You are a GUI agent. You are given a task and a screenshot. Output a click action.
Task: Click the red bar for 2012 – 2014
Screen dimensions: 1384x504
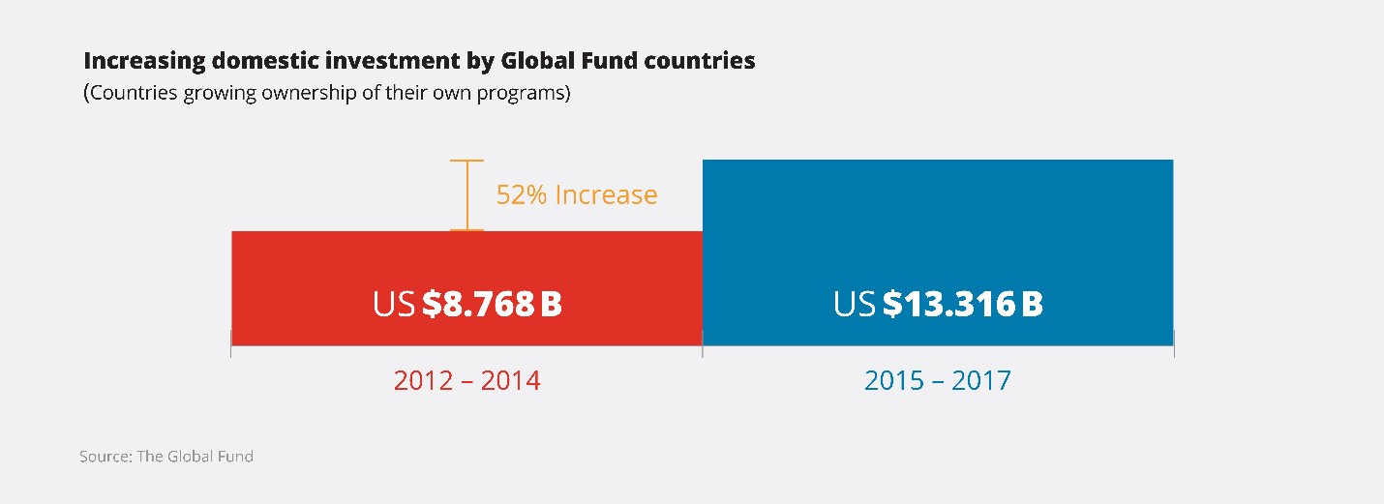click(467, 288)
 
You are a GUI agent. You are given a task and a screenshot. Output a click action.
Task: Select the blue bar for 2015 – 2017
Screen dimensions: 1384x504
click(938, 252)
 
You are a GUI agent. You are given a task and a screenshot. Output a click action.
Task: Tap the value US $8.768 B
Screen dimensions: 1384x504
click(467, 303)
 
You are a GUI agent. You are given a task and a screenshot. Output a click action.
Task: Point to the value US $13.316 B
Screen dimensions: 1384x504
click(938, 303)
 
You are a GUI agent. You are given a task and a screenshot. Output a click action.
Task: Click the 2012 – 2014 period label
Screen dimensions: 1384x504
click(467, 380)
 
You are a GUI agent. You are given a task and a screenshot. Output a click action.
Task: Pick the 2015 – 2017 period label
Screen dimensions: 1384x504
click(937, 380)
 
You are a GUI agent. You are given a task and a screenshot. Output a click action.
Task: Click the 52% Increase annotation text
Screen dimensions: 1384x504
click(577, 194)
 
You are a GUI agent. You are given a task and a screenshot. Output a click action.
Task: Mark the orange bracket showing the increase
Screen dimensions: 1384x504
click(467, 195)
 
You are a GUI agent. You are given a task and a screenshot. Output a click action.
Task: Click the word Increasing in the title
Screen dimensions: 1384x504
click(144, 62)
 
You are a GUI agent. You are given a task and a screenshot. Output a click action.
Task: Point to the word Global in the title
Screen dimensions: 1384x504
click(537, 61)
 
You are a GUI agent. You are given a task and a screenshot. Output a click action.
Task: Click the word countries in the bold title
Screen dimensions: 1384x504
click(700, 61)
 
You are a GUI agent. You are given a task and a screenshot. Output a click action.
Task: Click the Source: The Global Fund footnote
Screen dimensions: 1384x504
click(166, 457)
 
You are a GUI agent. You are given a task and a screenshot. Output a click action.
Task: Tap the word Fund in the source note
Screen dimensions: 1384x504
click(235, 457)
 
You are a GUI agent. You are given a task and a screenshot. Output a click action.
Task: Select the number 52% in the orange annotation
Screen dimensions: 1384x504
click(522, 194)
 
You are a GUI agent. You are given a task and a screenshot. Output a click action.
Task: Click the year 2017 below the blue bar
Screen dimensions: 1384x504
click(981, 380)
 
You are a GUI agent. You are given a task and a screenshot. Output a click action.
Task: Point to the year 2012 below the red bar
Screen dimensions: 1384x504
click(423, 380)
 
